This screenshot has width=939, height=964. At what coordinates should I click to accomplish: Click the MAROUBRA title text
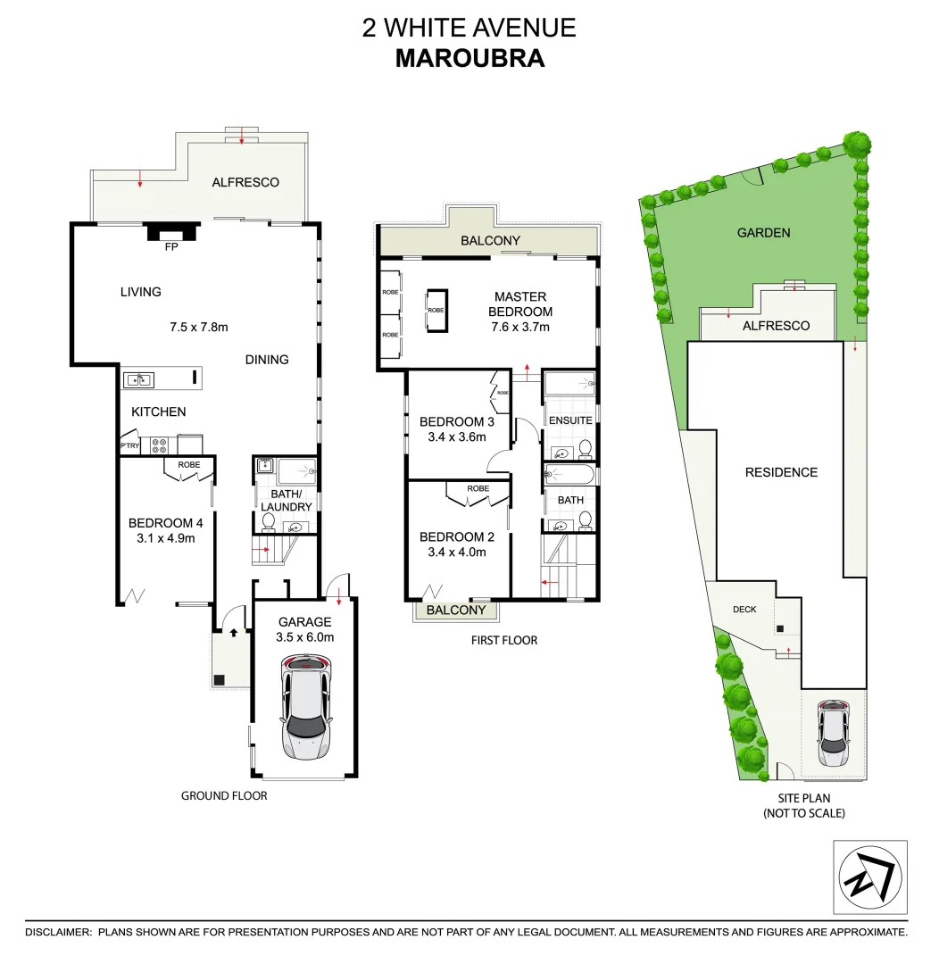[x=469, y=58]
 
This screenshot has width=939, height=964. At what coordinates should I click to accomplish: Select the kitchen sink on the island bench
[x=137, y=379]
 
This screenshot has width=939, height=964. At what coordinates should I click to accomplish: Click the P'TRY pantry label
[x=130, y=445]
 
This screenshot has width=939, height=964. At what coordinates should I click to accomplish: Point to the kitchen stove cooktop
[x=160, y=444]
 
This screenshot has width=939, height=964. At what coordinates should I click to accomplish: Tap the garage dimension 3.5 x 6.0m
[x=306, y=637]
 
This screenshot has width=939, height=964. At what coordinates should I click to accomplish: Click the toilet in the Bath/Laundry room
[x=268, y=521]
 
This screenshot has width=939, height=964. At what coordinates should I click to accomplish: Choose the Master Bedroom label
[x=522, y=304]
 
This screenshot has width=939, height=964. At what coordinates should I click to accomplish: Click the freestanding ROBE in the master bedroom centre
[x=436, y=310]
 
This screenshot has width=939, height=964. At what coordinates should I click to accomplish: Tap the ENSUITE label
[x=569, y=420]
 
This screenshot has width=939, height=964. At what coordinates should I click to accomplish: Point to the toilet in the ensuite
[x=585, y=447]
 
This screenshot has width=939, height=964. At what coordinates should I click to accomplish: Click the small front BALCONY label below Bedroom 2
[x=456, y=611]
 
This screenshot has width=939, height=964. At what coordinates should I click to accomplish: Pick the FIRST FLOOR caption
[x=503, y=640]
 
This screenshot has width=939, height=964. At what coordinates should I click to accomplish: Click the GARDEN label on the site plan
[x=763, y=232]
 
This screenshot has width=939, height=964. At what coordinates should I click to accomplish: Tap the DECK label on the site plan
[x=744, y=610]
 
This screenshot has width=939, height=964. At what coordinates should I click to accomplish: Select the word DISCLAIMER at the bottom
[x=58, y=932]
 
